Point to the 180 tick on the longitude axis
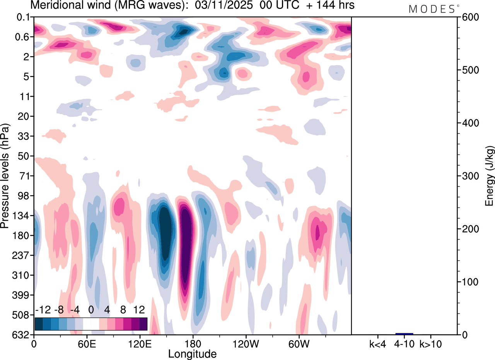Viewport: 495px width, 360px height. click(x=193, y=343)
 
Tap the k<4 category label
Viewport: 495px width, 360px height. click(x=378, y=343)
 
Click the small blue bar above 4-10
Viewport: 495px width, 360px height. click(x=404, y=334)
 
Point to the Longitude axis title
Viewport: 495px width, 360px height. click(x=192, y=353)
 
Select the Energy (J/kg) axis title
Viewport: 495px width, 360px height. click(x=490, y=176)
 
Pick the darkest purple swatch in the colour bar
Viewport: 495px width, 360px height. click(x=143, y=324)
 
